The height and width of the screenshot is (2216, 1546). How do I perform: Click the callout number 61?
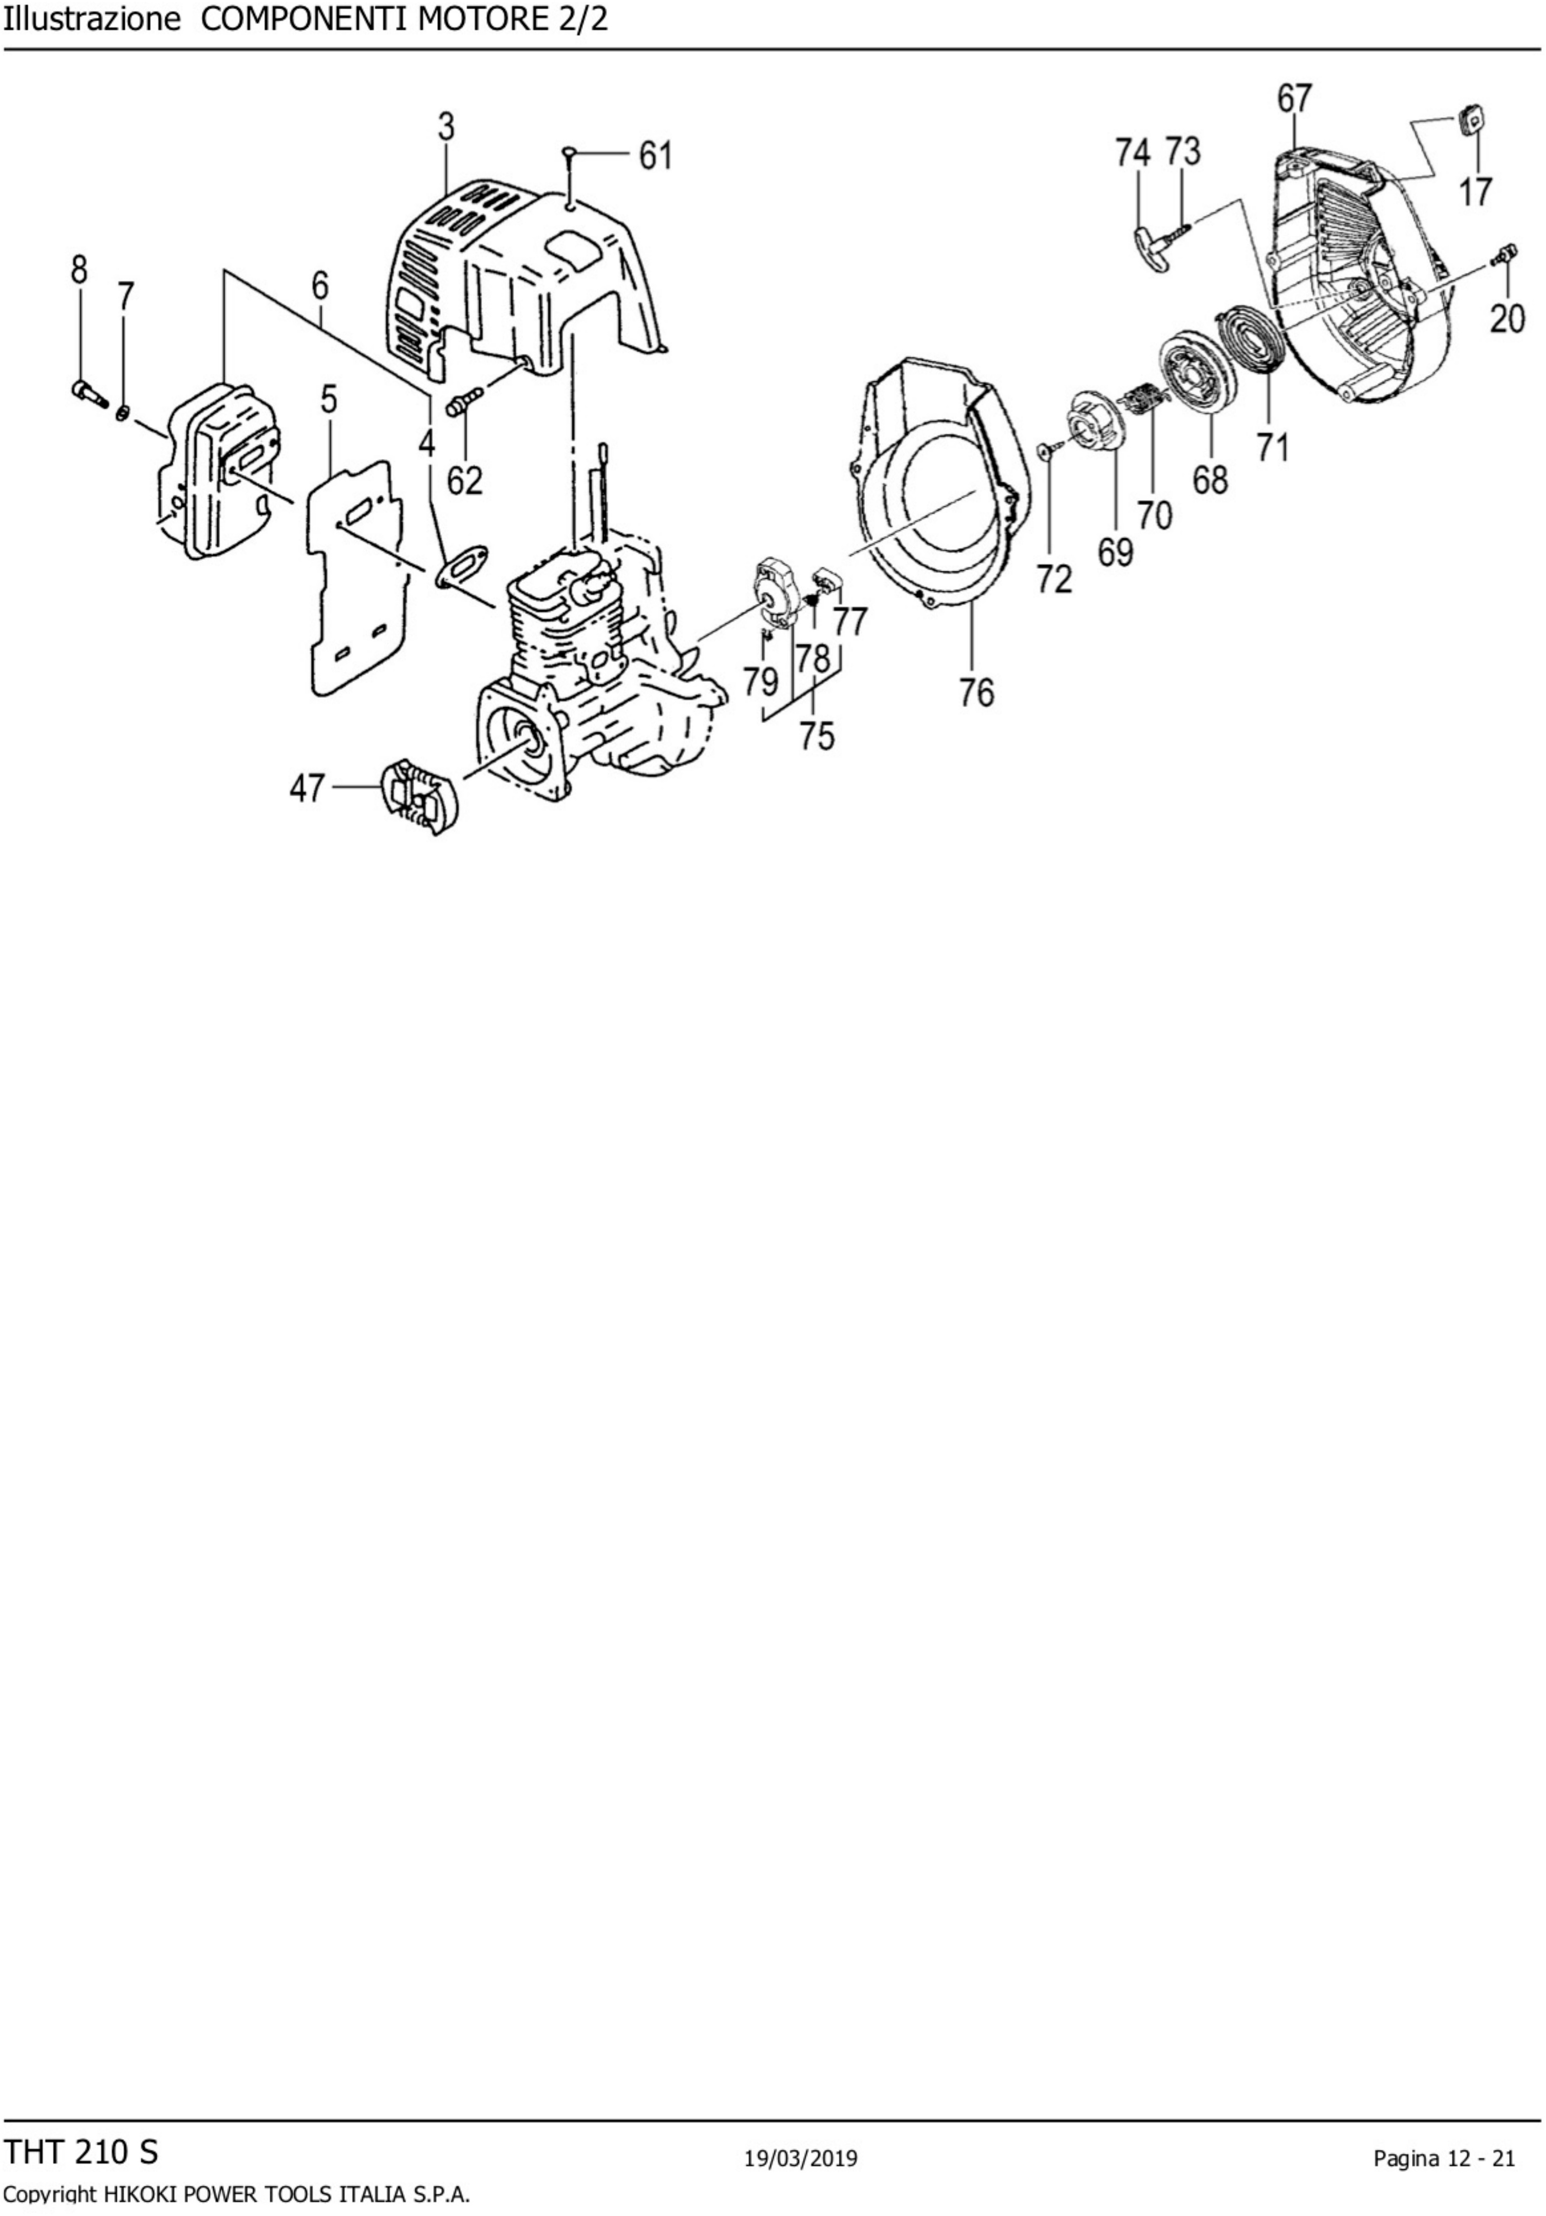coord(656,156)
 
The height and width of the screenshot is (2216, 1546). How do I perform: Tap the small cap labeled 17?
coord(1470,121)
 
